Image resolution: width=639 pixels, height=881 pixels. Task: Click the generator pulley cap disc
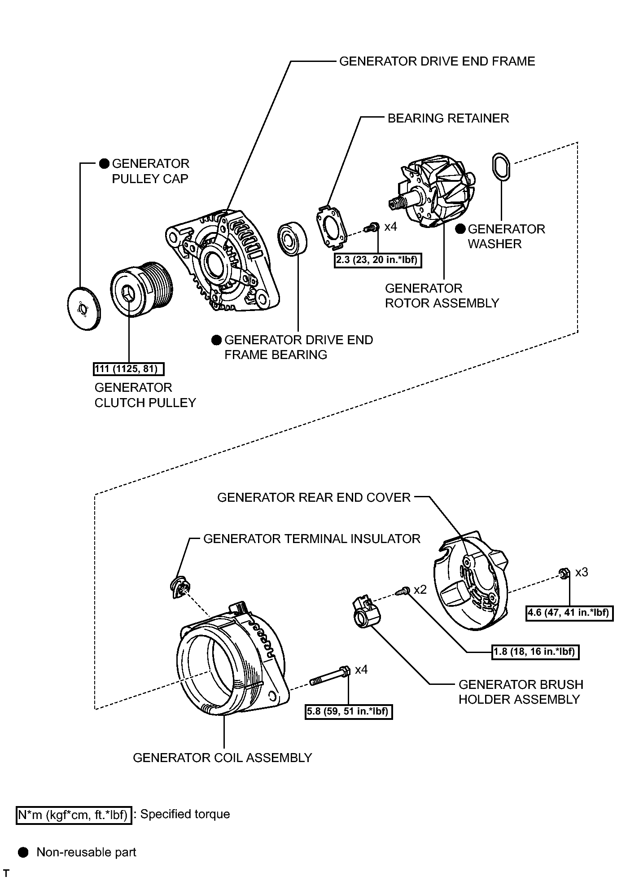[83, 309]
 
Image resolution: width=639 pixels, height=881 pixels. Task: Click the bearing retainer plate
[333, 227]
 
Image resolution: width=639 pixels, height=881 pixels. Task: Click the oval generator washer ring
[501, 167]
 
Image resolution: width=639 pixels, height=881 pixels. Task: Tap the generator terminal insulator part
[180, 586]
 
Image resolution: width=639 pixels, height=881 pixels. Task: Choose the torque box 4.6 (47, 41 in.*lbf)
[569, 613]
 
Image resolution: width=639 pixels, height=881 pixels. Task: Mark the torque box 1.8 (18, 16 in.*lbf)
[535, 652]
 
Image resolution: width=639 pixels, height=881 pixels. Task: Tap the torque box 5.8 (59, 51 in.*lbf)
[348, 711]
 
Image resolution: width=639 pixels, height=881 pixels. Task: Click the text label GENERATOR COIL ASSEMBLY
[222, 758]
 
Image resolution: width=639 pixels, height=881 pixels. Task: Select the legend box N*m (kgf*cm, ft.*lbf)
[74, 815]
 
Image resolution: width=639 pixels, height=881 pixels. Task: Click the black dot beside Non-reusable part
[24, 852]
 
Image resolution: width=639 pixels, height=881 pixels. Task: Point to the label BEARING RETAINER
[448, 118]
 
